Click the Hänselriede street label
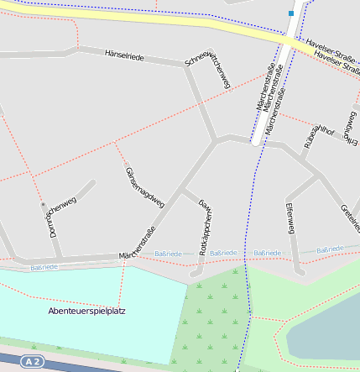pos(124,56)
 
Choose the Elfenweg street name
pos(290,217)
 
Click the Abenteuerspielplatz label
pos(87,311)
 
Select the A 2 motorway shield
pos(33,361)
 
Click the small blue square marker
pos(291,13)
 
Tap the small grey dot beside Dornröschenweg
pos(43,203)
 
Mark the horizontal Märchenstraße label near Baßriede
pos(138,254)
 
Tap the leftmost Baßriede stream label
pos(44,267)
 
